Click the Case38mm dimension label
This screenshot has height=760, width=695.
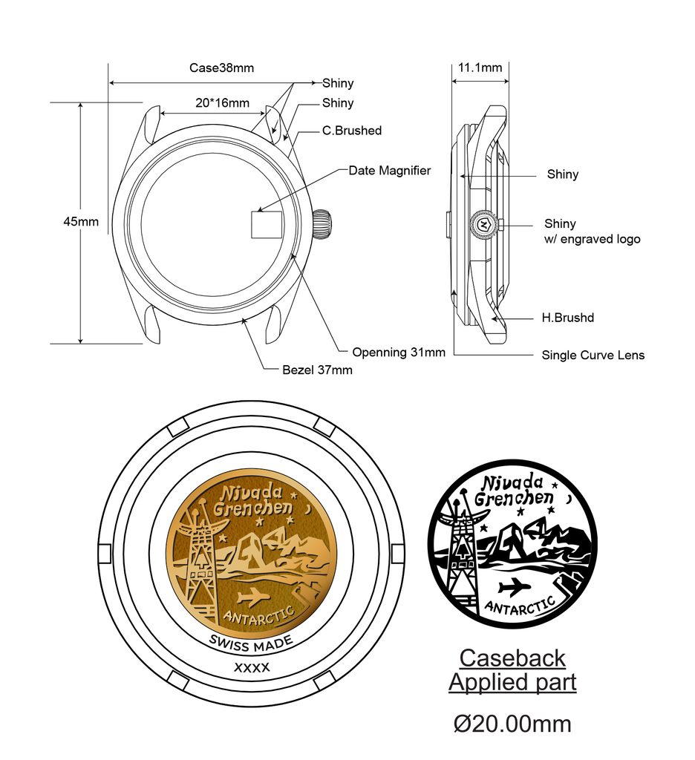[x=221, y=68]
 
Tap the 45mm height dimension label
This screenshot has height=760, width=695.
[x=80, y=222]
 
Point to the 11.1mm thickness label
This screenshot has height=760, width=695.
[x=480, y=68]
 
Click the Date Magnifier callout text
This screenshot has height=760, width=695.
[x=389, y=171]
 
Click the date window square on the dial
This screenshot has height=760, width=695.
[x=265, y=224]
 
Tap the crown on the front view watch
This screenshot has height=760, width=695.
[x=322, y=224]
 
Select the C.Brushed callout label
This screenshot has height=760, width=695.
[x=351, y=131]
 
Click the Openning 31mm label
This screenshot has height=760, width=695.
[x=399, y=352]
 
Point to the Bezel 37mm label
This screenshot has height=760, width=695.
[x=317, y=370]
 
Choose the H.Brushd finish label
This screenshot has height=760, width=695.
[x=567, y=318]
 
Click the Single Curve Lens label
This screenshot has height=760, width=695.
[x=593, y=356]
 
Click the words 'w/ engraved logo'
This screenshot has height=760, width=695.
[x=592, y=239]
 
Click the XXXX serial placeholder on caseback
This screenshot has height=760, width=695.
[x=252, y=667]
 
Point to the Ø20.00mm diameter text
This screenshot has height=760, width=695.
[x=512, y=723]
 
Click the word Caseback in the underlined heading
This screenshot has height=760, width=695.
[x=512, y=658]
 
